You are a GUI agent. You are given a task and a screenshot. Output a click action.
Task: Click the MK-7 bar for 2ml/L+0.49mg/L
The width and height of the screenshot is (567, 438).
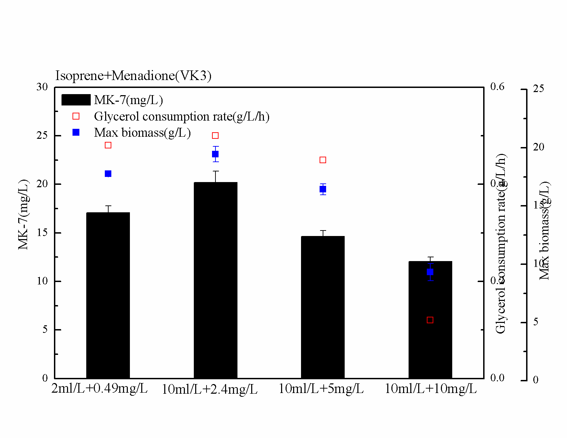point(108,295)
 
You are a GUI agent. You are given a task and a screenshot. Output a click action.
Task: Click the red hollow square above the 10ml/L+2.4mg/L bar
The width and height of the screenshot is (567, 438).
point(215,136)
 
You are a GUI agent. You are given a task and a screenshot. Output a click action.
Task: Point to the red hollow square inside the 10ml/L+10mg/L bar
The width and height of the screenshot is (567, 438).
point(430,320)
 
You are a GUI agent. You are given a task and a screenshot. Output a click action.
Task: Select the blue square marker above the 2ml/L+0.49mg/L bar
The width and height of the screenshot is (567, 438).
point(108,174)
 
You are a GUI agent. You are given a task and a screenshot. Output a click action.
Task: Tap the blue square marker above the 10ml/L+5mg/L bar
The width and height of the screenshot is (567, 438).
point(323,189)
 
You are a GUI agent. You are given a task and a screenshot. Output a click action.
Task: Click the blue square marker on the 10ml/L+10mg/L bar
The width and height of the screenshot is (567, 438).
point(430,272)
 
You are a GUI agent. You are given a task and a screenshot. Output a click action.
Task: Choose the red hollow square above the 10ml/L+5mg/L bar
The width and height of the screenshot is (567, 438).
point(323,160)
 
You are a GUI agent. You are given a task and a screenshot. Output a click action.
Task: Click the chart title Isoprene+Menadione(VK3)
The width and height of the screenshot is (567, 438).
point(133,76)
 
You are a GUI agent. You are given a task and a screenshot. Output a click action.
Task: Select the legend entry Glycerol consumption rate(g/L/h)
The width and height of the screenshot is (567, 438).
point(181,116)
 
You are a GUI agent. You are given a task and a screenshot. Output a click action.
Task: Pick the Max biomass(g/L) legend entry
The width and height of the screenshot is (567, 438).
point(142,133)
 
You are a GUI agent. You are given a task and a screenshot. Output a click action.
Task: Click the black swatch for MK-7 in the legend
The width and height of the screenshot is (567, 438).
point(76,100)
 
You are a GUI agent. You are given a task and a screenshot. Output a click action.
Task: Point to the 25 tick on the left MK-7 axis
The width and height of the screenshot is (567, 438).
point(42,135)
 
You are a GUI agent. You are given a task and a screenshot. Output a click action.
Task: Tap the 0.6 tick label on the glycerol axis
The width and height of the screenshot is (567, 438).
point(497,87)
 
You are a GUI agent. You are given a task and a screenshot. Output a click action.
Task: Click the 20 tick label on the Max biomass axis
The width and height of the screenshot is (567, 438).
point(538,147)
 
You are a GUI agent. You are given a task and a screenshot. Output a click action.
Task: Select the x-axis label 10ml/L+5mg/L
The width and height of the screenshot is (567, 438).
point(321,389)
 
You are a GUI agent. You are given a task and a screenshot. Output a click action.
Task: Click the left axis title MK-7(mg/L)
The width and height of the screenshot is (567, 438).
point(23,215)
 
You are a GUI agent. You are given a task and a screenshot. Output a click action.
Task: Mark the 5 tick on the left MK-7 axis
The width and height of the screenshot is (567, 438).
point(45,329)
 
